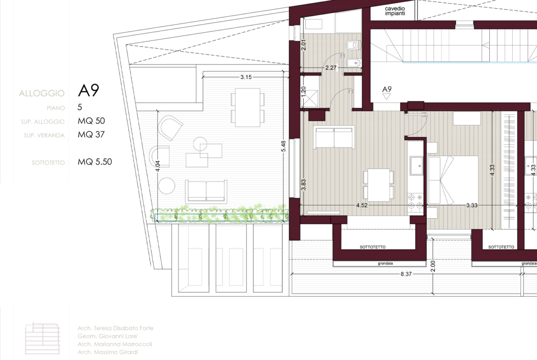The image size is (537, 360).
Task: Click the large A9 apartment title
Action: pyautogui.click(x=89, y=90)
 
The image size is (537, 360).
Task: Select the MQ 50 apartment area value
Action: pyautogui.click(x=91, y=121)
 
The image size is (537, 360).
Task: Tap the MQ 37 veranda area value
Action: pyautogui.click(x=91, y=134)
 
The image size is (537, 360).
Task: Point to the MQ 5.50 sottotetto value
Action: pyautogui.click(x=95, y=162)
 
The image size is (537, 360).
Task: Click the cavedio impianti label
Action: pyautogui.click(x=395, y=11)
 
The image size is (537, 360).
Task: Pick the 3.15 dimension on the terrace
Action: pyautogui.click(x=246, y=77)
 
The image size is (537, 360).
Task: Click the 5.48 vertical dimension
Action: pyautogui.click(x=283, y=146)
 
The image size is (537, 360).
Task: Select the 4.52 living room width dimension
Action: pyautogui.click(x=362, y=205)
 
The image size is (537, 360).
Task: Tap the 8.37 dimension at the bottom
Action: pyautogui.click(x=406, y=274)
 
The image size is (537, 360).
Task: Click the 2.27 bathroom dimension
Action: pyautogui.click(x=331, y=68)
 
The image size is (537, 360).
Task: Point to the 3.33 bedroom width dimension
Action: pyautogui.click(x=471, y=205)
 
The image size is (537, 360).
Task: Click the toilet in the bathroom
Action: pyautogui.click(x=353, y=45)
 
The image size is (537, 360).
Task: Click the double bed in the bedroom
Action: pyautogui.click(x=453, y=180)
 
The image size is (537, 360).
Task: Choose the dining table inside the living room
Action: pyautogui.click(x=379, y=185)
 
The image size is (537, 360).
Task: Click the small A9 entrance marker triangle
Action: pyautogui.click(x=386, y=96)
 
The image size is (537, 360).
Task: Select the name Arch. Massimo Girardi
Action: pyautogui.click(x=107, y=352)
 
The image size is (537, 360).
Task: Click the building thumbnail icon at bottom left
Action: pyautogui.click(x=43, y=338)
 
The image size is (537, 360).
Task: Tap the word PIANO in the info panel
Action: pyautogui.click(x=56, y=108)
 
